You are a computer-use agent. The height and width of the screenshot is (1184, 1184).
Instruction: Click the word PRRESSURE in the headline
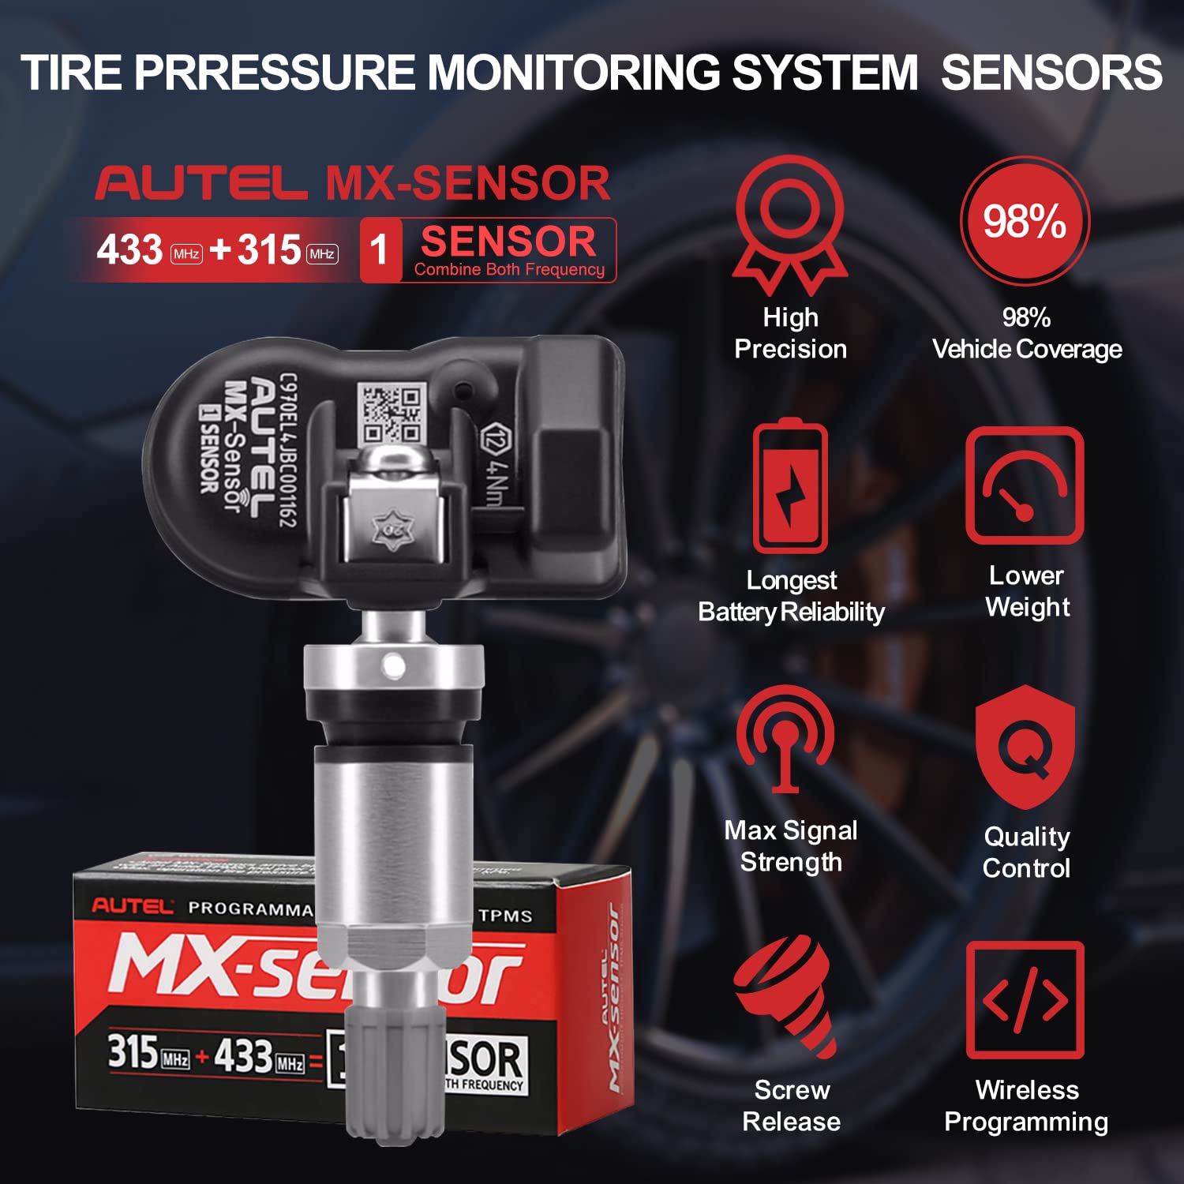tap(275, 73)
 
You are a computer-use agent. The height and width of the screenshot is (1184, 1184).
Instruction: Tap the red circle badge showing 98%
tap(1025, 221)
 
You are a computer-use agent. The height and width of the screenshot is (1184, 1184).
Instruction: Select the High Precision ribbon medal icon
tap(790, 225)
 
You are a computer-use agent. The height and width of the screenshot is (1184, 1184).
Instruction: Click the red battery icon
tap(790, 487)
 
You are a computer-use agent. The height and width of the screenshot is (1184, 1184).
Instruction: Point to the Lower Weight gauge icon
tap(1025, 485)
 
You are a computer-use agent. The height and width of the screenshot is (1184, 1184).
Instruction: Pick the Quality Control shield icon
tap(1025, 747)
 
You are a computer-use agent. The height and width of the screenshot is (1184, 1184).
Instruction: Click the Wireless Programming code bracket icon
tap(1025, 999)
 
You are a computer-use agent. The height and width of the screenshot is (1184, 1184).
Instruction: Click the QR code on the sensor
tap(392, 413)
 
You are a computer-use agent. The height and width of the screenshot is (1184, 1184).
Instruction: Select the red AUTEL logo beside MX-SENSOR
tap(201, 183)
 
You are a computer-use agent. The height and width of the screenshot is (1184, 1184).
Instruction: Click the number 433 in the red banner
tap(129, 251)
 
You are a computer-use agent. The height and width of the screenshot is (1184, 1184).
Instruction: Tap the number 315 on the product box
tap(133, 1051)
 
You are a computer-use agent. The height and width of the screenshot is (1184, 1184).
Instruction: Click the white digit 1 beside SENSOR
tap(380, 251)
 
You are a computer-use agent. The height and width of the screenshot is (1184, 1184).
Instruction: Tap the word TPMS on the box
tap(505, 916)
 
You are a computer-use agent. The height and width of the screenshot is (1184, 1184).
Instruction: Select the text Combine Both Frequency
tap(509, 270)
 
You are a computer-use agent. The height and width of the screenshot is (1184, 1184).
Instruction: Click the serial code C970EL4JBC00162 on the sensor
tap(288, 450)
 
